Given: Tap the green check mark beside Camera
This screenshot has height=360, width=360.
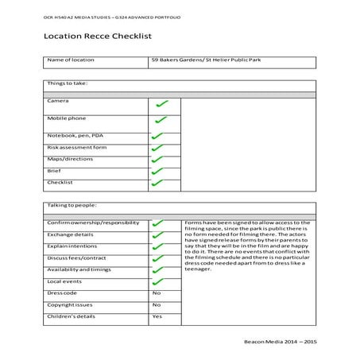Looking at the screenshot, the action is pos(162,104).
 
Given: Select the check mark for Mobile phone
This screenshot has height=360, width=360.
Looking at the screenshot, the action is pos(161,120).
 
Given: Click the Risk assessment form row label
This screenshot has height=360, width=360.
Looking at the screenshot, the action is pos(76,147).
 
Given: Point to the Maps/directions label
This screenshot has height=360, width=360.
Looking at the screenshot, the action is pos(71,159).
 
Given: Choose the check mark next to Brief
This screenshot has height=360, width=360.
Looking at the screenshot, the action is pos(157,171).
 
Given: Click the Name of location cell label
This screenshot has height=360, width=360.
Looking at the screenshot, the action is pos(71,60).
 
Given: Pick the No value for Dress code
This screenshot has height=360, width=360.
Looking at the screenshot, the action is pos(157,292).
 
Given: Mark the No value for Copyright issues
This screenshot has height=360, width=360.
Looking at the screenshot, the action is pos(157,304).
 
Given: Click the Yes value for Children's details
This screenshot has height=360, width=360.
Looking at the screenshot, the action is pos(157,316).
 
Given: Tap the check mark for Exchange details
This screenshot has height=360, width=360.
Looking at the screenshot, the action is pos(157,236).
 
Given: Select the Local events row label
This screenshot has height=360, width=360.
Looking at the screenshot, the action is pos(64,281).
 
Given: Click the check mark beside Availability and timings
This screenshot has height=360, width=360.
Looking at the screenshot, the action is pos(157,270).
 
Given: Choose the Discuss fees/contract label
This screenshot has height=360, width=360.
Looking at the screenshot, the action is pos(76,258).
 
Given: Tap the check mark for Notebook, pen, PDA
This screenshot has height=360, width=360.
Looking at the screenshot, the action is pos(157,136).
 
